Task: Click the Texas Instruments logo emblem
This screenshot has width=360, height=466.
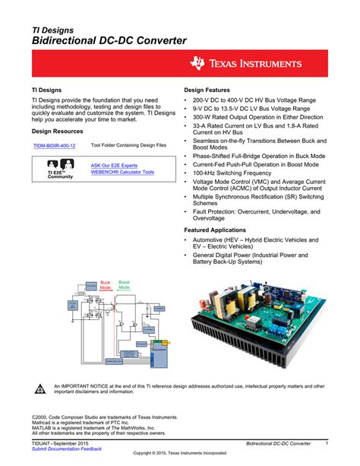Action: (200, 64)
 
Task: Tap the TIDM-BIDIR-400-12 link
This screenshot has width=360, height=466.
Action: (54, 145)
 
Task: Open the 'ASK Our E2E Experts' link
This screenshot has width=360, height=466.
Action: (114, 165)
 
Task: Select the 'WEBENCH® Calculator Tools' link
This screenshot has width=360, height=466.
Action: (122, 173)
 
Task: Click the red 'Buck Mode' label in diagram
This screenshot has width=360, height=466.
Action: (106, 285)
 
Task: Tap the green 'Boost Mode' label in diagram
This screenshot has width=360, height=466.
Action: (124, 285)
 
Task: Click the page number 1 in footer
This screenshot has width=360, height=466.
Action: (326, 442)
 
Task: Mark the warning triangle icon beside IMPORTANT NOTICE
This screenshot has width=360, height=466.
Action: (41, 388)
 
